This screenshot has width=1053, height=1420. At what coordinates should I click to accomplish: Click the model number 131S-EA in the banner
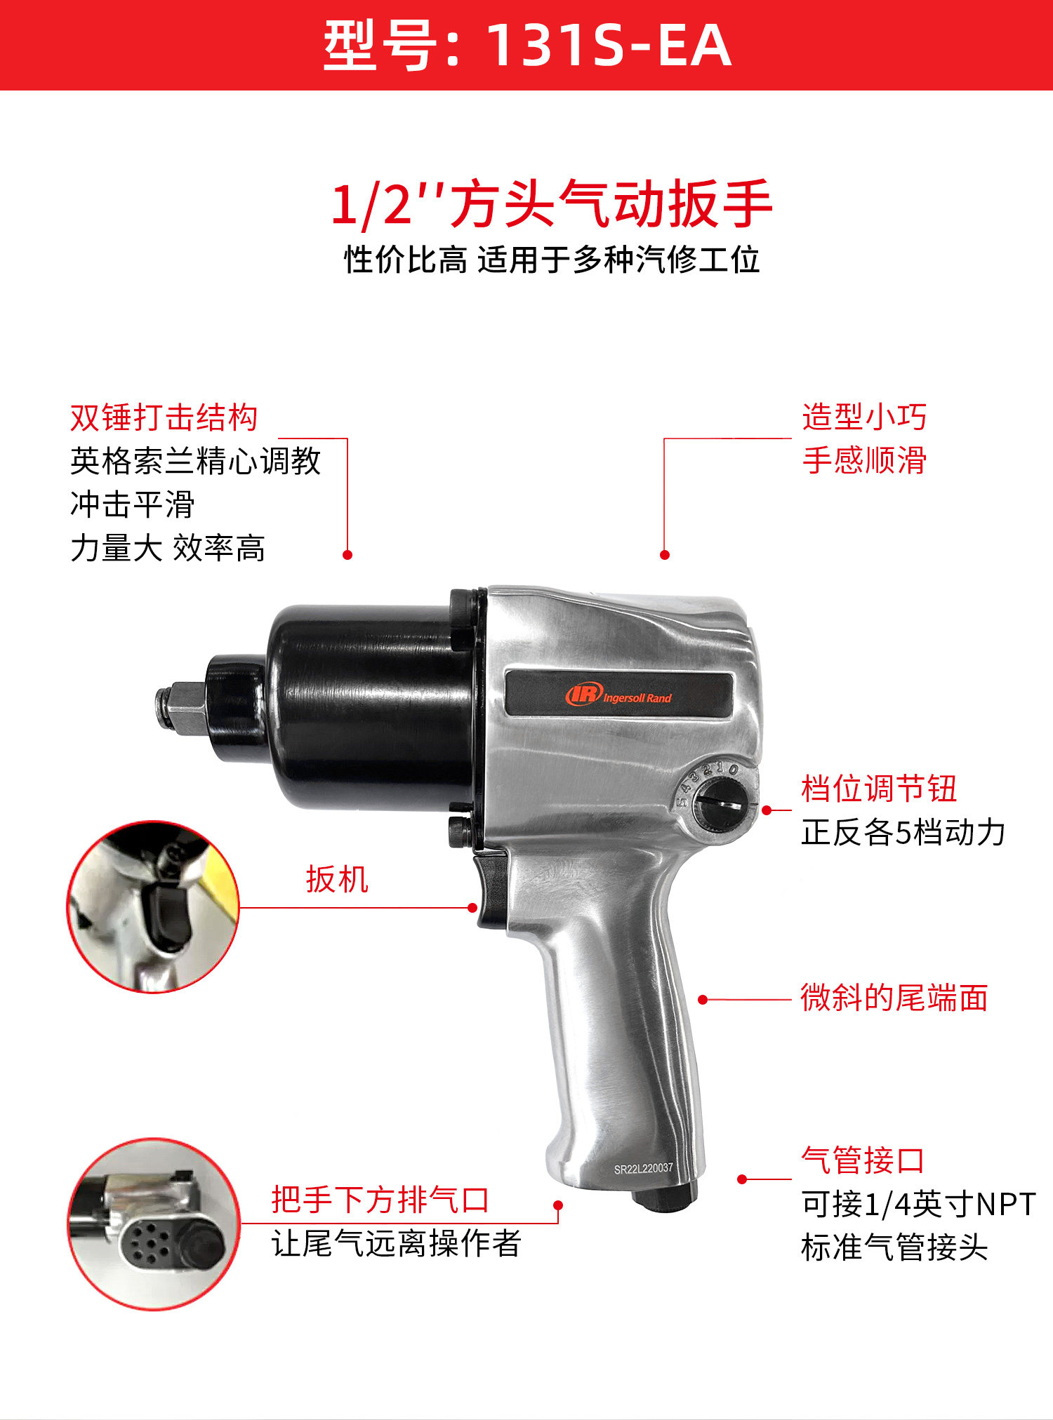pos(608,46)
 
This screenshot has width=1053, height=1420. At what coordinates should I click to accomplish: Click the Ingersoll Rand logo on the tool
pos(618,695)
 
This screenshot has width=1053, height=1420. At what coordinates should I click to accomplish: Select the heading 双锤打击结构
pos(164,418)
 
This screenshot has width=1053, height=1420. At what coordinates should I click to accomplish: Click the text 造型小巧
pos(863,417)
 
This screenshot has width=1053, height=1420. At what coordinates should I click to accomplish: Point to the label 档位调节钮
pos(878,789)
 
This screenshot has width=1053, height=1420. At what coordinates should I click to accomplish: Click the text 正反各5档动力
pos(903,833)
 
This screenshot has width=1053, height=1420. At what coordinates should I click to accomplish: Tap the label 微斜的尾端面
pos(894,998)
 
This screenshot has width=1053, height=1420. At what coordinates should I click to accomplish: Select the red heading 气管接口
pos(862,1160)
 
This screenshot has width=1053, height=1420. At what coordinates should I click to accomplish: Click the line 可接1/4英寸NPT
pos(918,1205)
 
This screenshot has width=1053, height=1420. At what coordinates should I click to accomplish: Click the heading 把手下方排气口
pos(380,1200)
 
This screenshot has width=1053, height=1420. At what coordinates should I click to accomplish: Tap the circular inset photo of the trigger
pos(153,906)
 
